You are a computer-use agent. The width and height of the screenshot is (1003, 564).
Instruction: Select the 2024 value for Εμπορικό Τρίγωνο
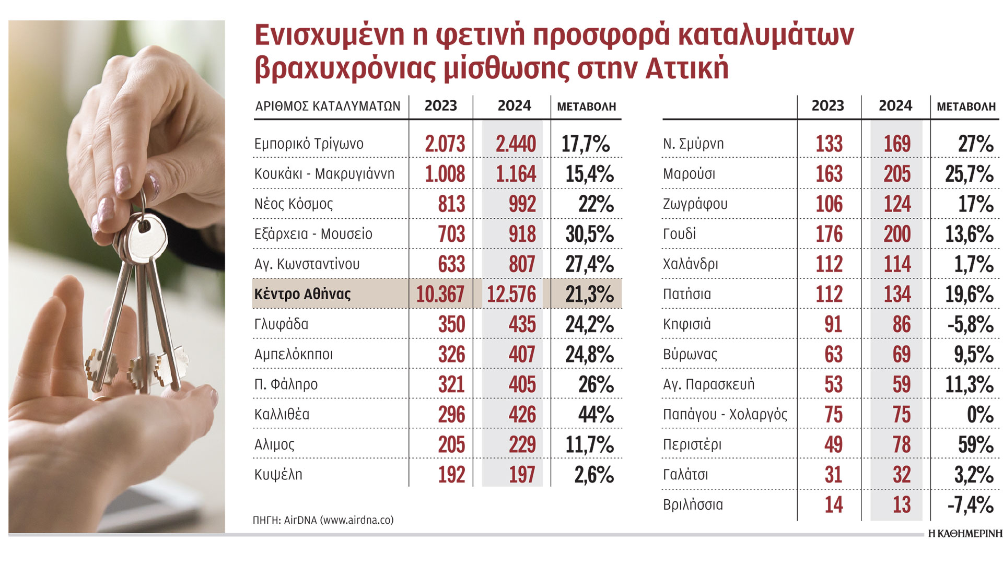[x=516, y=144]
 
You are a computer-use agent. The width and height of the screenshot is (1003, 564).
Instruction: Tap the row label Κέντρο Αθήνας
[x=302, y=294]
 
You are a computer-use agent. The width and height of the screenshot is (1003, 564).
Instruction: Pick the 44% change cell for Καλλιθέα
[x=596, y=415]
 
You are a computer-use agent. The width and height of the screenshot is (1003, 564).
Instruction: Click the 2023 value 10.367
[x=440, y=294]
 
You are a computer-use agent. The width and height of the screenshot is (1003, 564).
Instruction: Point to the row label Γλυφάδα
[x=281, y=324]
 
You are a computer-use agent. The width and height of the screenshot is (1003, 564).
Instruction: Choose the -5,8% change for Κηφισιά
[x=970, y=324]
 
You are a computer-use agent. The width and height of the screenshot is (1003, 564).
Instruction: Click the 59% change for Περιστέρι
[x=975, y=445]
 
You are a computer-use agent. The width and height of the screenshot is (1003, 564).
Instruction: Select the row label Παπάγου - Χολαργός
[x=725, y=415]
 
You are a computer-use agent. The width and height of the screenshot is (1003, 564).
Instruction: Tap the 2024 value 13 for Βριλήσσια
[x=902, y=505]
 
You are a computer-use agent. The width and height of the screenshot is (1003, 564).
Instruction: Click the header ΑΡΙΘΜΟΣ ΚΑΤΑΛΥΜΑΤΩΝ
[x=328, y=107]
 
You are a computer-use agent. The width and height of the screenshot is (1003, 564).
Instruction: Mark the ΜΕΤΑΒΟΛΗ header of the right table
[x=966, y=107]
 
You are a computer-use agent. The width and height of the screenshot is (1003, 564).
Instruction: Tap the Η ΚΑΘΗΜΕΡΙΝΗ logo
[x=965, y=534]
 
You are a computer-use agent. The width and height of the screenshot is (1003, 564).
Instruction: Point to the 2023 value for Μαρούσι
[x=829, y=174]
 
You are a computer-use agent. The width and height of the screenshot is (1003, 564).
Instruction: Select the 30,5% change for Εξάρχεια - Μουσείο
[x=589, y=234]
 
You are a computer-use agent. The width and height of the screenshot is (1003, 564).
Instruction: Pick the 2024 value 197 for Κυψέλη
[x=522, y=475]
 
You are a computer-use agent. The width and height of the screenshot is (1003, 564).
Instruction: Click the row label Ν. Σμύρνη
[x=693, y=144]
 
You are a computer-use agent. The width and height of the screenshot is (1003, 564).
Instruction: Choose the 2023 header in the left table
[x=440, y=106]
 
